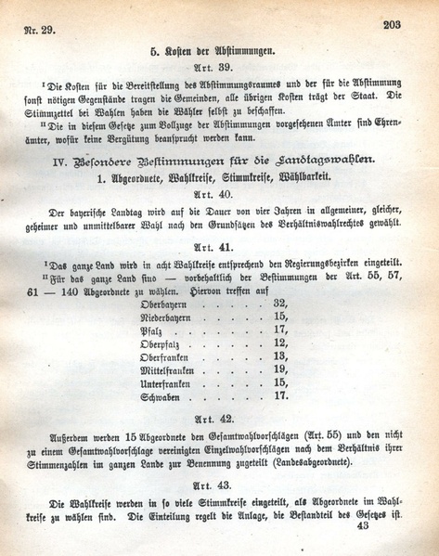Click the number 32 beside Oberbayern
click(280, 303)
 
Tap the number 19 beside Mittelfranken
click(280, 369)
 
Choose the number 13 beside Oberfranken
click(280, 356)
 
